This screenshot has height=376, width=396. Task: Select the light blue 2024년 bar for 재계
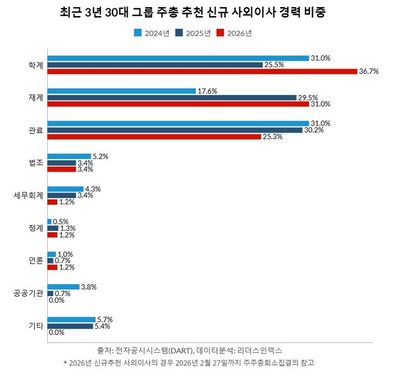pyautogui.click(x=122, y=91)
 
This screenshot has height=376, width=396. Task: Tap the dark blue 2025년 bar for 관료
pyautogui.click(x=175, y=130)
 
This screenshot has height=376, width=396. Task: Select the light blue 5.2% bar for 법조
pyautogui.click(x=69, y=156)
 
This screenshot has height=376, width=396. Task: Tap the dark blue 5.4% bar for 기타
pyautogui.click(x=70, y=326)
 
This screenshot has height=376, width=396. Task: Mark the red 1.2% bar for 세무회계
pyautogui.click(x=52, y=202)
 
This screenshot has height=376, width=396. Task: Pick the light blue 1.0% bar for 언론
pyautogui.click(x=52, y=254)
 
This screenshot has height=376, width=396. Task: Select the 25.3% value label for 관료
pyautogui.click(x=272, y=137)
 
